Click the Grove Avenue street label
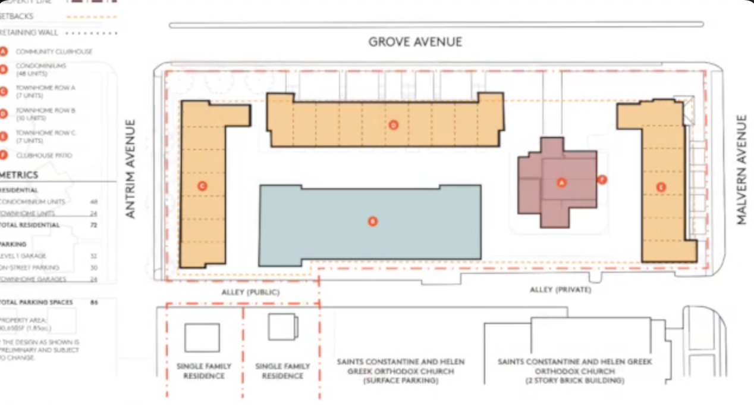[x=415, y=42]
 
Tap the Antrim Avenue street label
[x=131, y=169]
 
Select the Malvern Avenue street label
[x=741, y=170]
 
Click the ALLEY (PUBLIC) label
[x=250, y=292]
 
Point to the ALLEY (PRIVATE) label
[x=561, y=290]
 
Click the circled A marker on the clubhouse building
[x=560, y=183]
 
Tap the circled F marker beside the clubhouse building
[x=602, y=179]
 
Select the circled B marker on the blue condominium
[x=373, y=222]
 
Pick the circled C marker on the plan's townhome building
[x=202, y=186]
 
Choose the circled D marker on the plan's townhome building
[x=393, y=125]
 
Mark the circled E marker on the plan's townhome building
[x=661, y=187]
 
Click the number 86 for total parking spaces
[x=93, y=303]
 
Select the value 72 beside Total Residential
[x=93, y=225]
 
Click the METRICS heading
[x=19, y=175]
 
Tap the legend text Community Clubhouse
[x=54, y=52]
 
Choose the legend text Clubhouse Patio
[x=44, y=155]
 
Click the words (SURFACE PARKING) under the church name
[x=400, y=381]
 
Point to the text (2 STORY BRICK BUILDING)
[x=574, y=381]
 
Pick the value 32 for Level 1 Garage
[x=93, y=256]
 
